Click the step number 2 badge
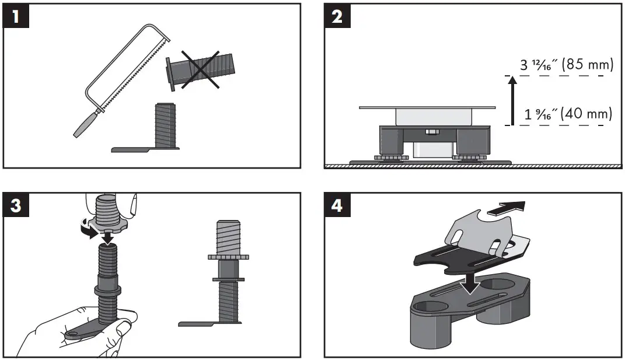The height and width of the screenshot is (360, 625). point(337,16)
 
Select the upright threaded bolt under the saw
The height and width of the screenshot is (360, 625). point(167,124)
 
